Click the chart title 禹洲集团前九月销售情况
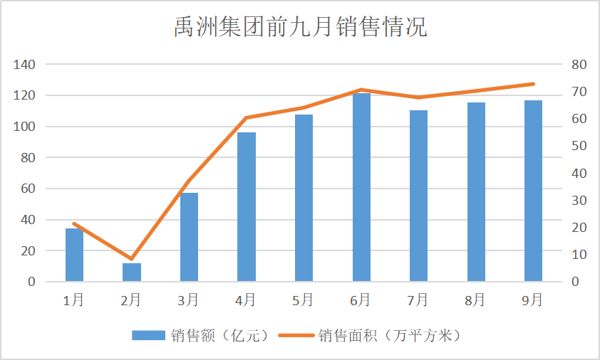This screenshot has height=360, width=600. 300,26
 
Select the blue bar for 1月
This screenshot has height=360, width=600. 74,255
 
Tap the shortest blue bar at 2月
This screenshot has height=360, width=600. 131,272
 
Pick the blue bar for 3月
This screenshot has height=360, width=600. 189,237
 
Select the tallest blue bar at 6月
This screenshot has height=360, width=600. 361,187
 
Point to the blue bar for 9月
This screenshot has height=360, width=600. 533,191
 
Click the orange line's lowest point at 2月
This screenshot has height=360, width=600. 131,259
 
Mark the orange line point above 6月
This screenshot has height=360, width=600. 361,90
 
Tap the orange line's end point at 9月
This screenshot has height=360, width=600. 533,84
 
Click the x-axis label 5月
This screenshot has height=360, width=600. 303,299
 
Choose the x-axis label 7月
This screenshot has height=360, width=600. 418,299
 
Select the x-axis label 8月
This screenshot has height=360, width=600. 475,299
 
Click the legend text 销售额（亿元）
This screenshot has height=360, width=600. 202,334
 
